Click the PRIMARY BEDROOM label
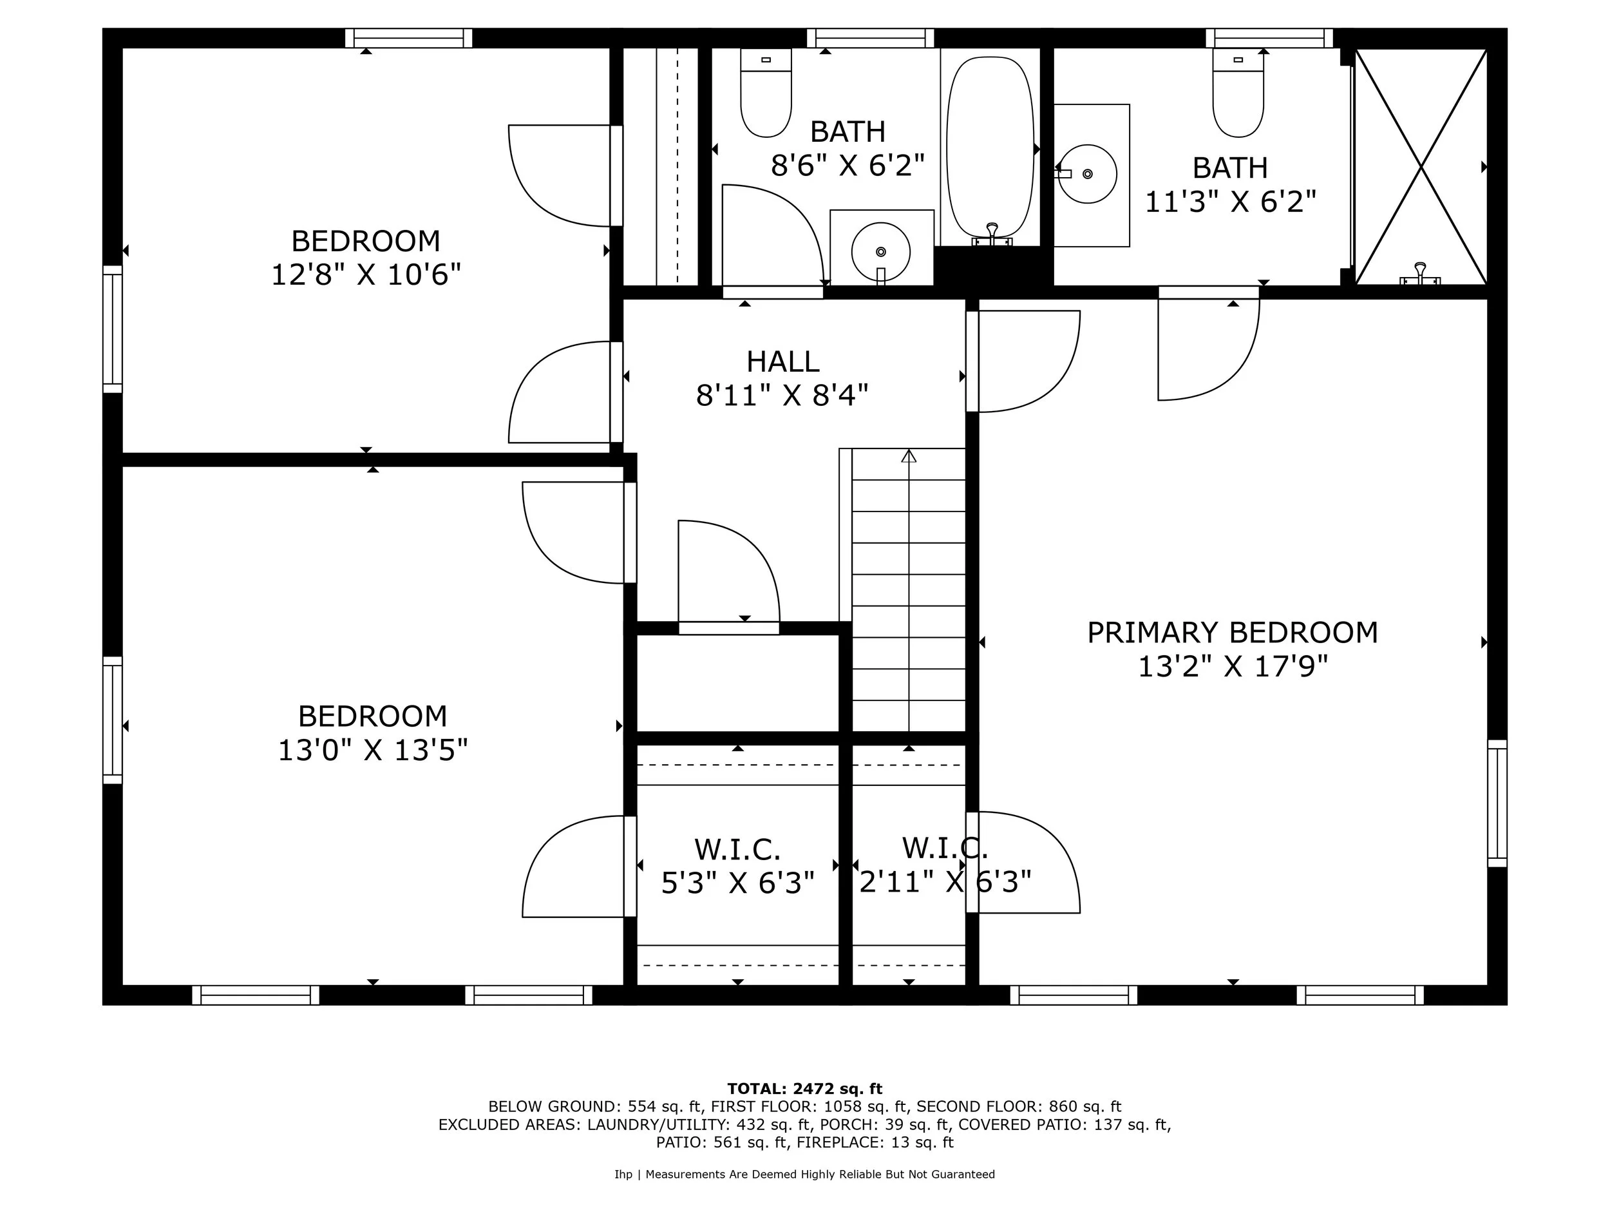1231,633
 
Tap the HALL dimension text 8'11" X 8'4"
782,396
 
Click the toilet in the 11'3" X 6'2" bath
1237,95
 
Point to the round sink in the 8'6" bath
881,251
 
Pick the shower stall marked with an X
1420,167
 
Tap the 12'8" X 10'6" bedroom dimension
365,275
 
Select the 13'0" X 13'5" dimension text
372,750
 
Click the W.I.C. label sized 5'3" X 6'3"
737,849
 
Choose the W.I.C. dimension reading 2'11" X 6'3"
945,883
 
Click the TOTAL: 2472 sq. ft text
804,1089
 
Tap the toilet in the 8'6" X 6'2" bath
766,95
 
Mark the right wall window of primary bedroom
1497,803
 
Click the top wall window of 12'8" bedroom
408,38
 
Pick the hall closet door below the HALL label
728,575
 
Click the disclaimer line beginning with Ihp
804,1174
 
